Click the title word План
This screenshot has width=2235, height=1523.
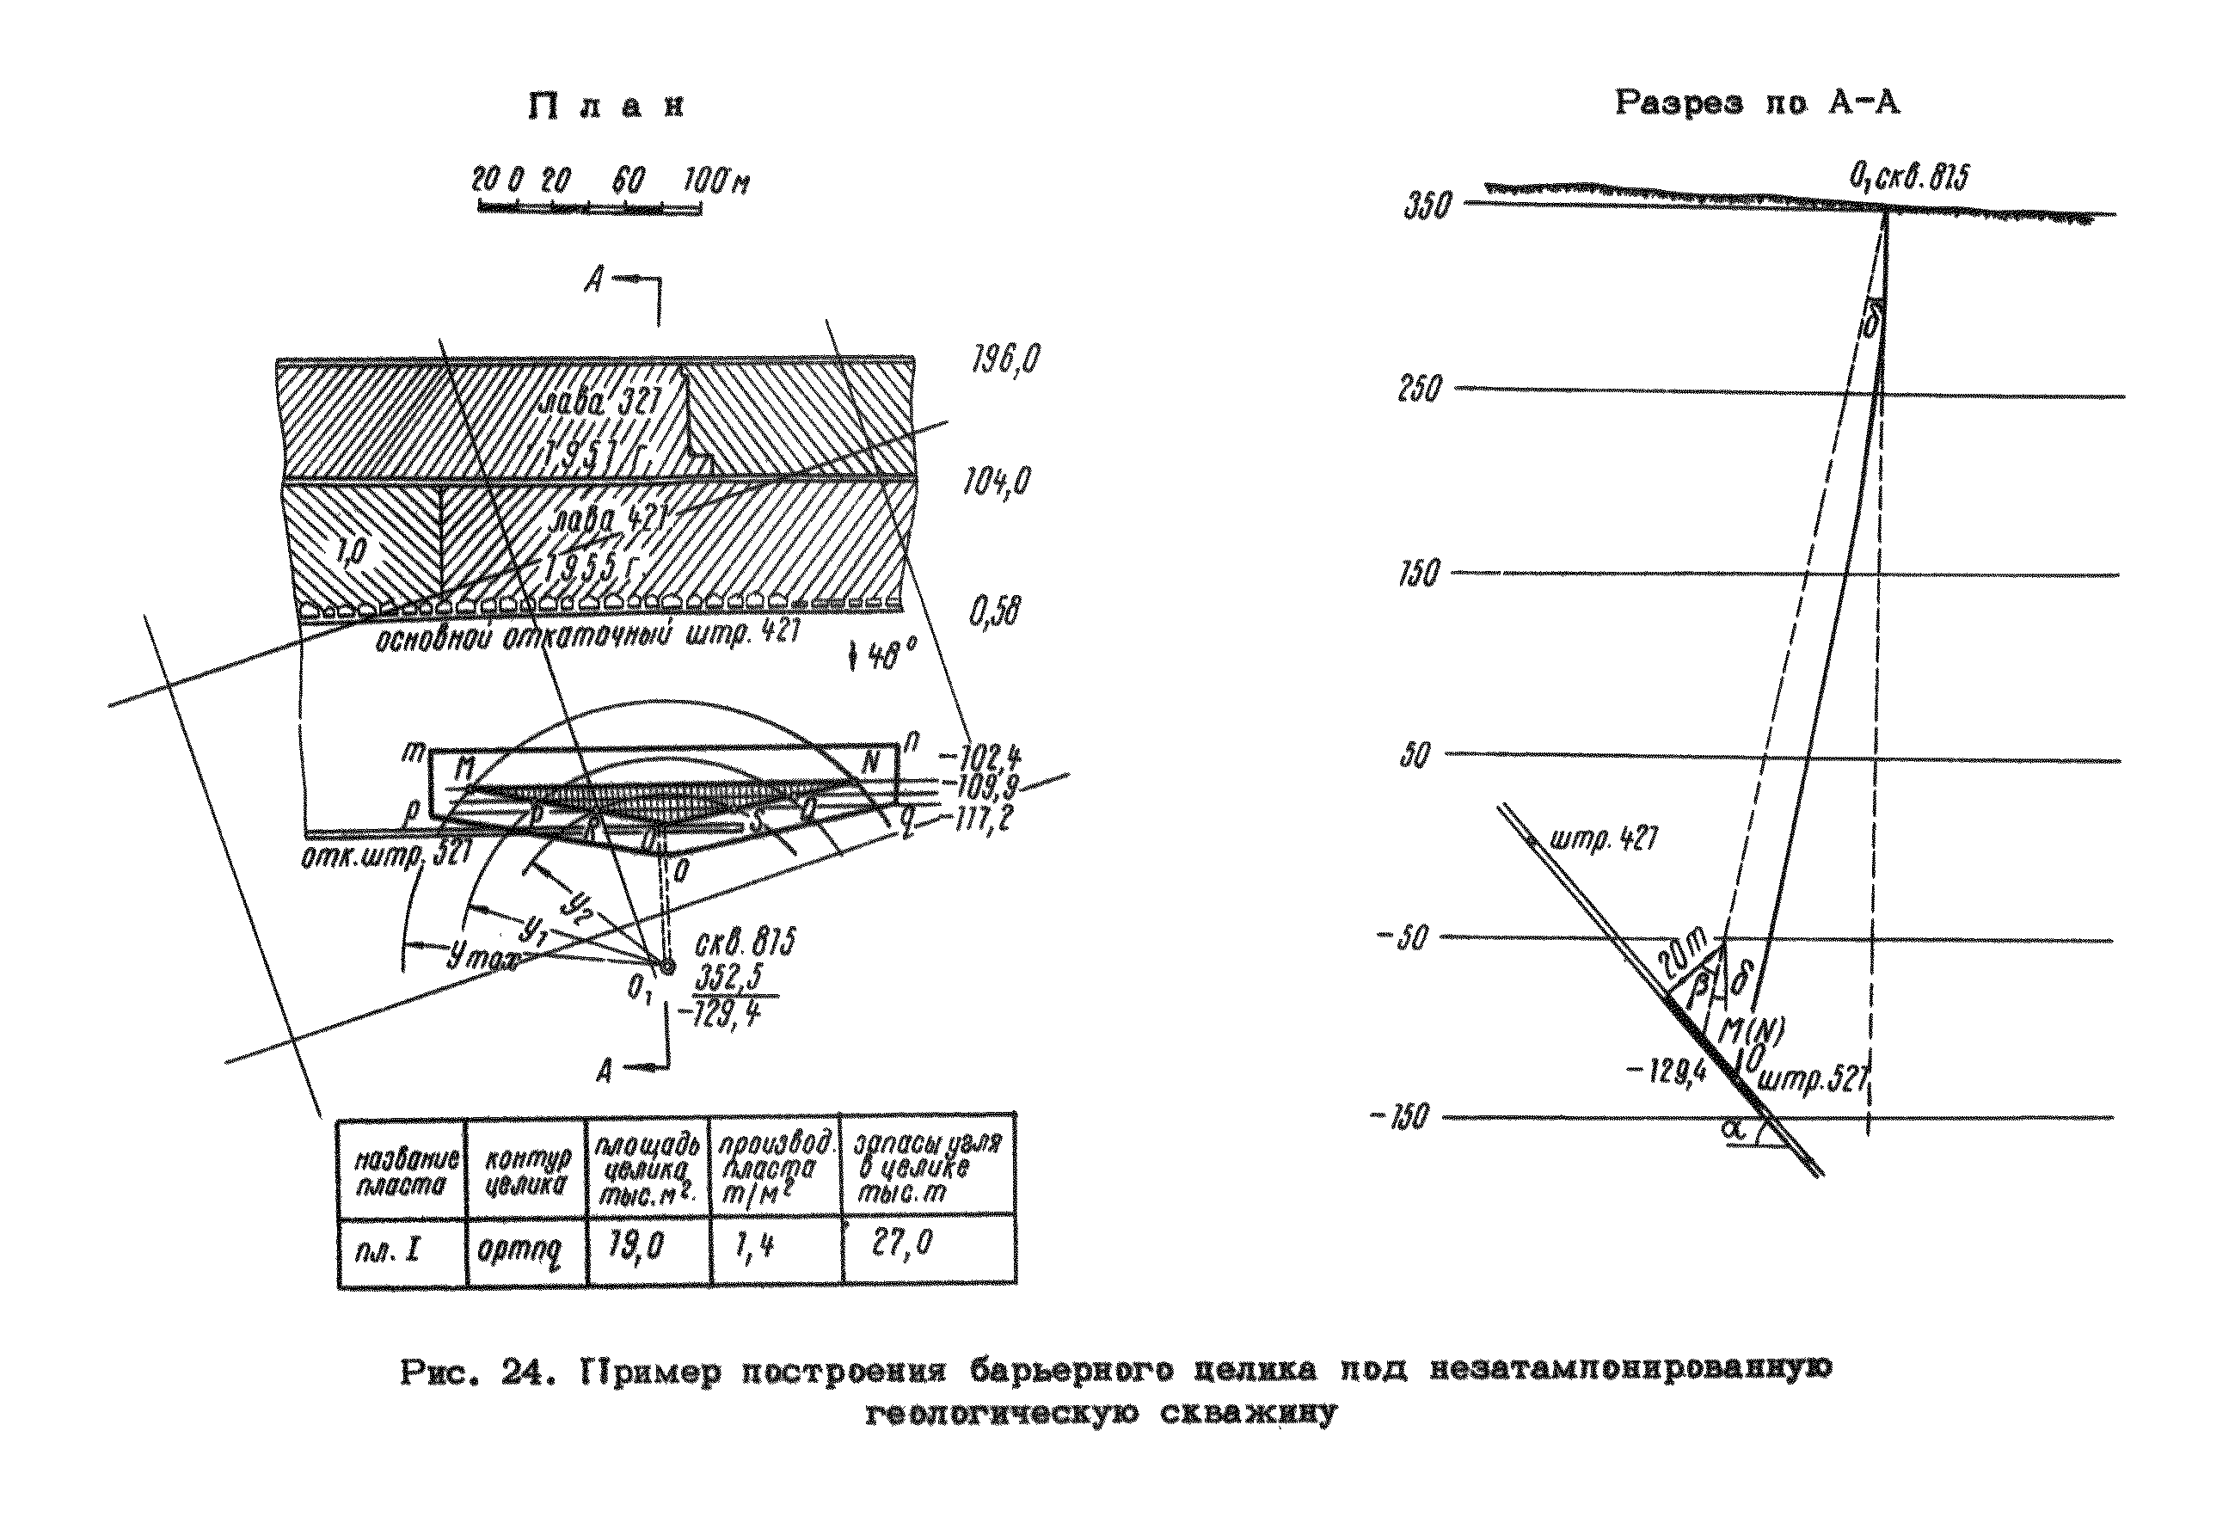(x=606, y=106)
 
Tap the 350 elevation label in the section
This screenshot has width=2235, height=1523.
(x=1428, y=206)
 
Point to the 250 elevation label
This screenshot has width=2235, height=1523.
(x=1420, y=390)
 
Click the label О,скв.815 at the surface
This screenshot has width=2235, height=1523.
(x=1908, y=177)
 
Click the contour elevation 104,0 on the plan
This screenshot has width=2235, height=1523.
(x=998, y=480)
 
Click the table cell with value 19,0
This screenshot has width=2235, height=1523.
(x=636, y=1247)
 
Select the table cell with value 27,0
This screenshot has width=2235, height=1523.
(x=902, y=1244)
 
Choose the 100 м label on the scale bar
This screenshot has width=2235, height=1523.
(x=716, y=181)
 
